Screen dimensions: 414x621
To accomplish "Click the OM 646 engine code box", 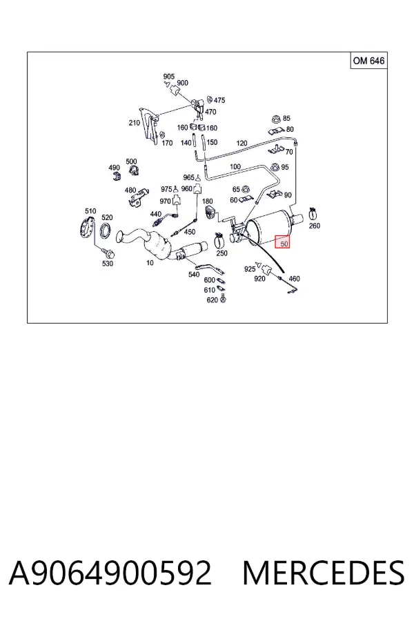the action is coord(368,61).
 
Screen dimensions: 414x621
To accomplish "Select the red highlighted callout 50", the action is coord(283,241).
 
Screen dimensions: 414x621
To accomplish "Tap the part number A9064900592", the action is coord(110,573).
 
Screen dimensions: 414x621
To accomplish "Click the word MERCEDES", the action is coord(324,573).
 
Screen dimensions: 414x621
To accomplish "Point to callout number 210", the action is coord(135,123).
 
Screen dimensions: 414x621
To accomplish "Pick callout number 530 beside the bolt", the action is coord(108,264).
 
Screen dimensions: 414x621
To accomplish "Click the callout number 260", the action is coord(314,226).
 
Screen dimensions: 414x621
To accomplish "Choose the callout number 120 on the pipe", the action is coord(241,144).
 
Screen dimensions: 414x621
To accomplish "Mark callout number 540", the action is coord(194,275).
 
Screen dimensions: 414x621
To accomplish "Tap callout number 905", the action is coord(169,76).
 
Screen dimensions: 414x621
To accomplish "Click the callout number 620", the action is coord(213,300).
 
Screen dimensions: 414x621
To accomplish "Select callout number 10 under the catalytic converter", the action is coord(150,263).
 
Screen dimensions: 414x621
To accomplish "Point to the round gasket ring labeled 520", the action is coord(106,230).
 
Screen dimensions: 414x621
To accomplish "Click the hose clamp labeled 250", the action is coord(220,239).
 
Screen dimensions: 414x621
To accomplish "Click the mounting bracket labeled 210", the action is coord(148,126).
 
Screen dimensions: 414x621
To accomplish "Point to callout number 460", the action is coord(295,279).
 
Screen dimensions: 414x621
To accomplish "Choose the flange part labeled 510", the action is coord(86,229).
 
